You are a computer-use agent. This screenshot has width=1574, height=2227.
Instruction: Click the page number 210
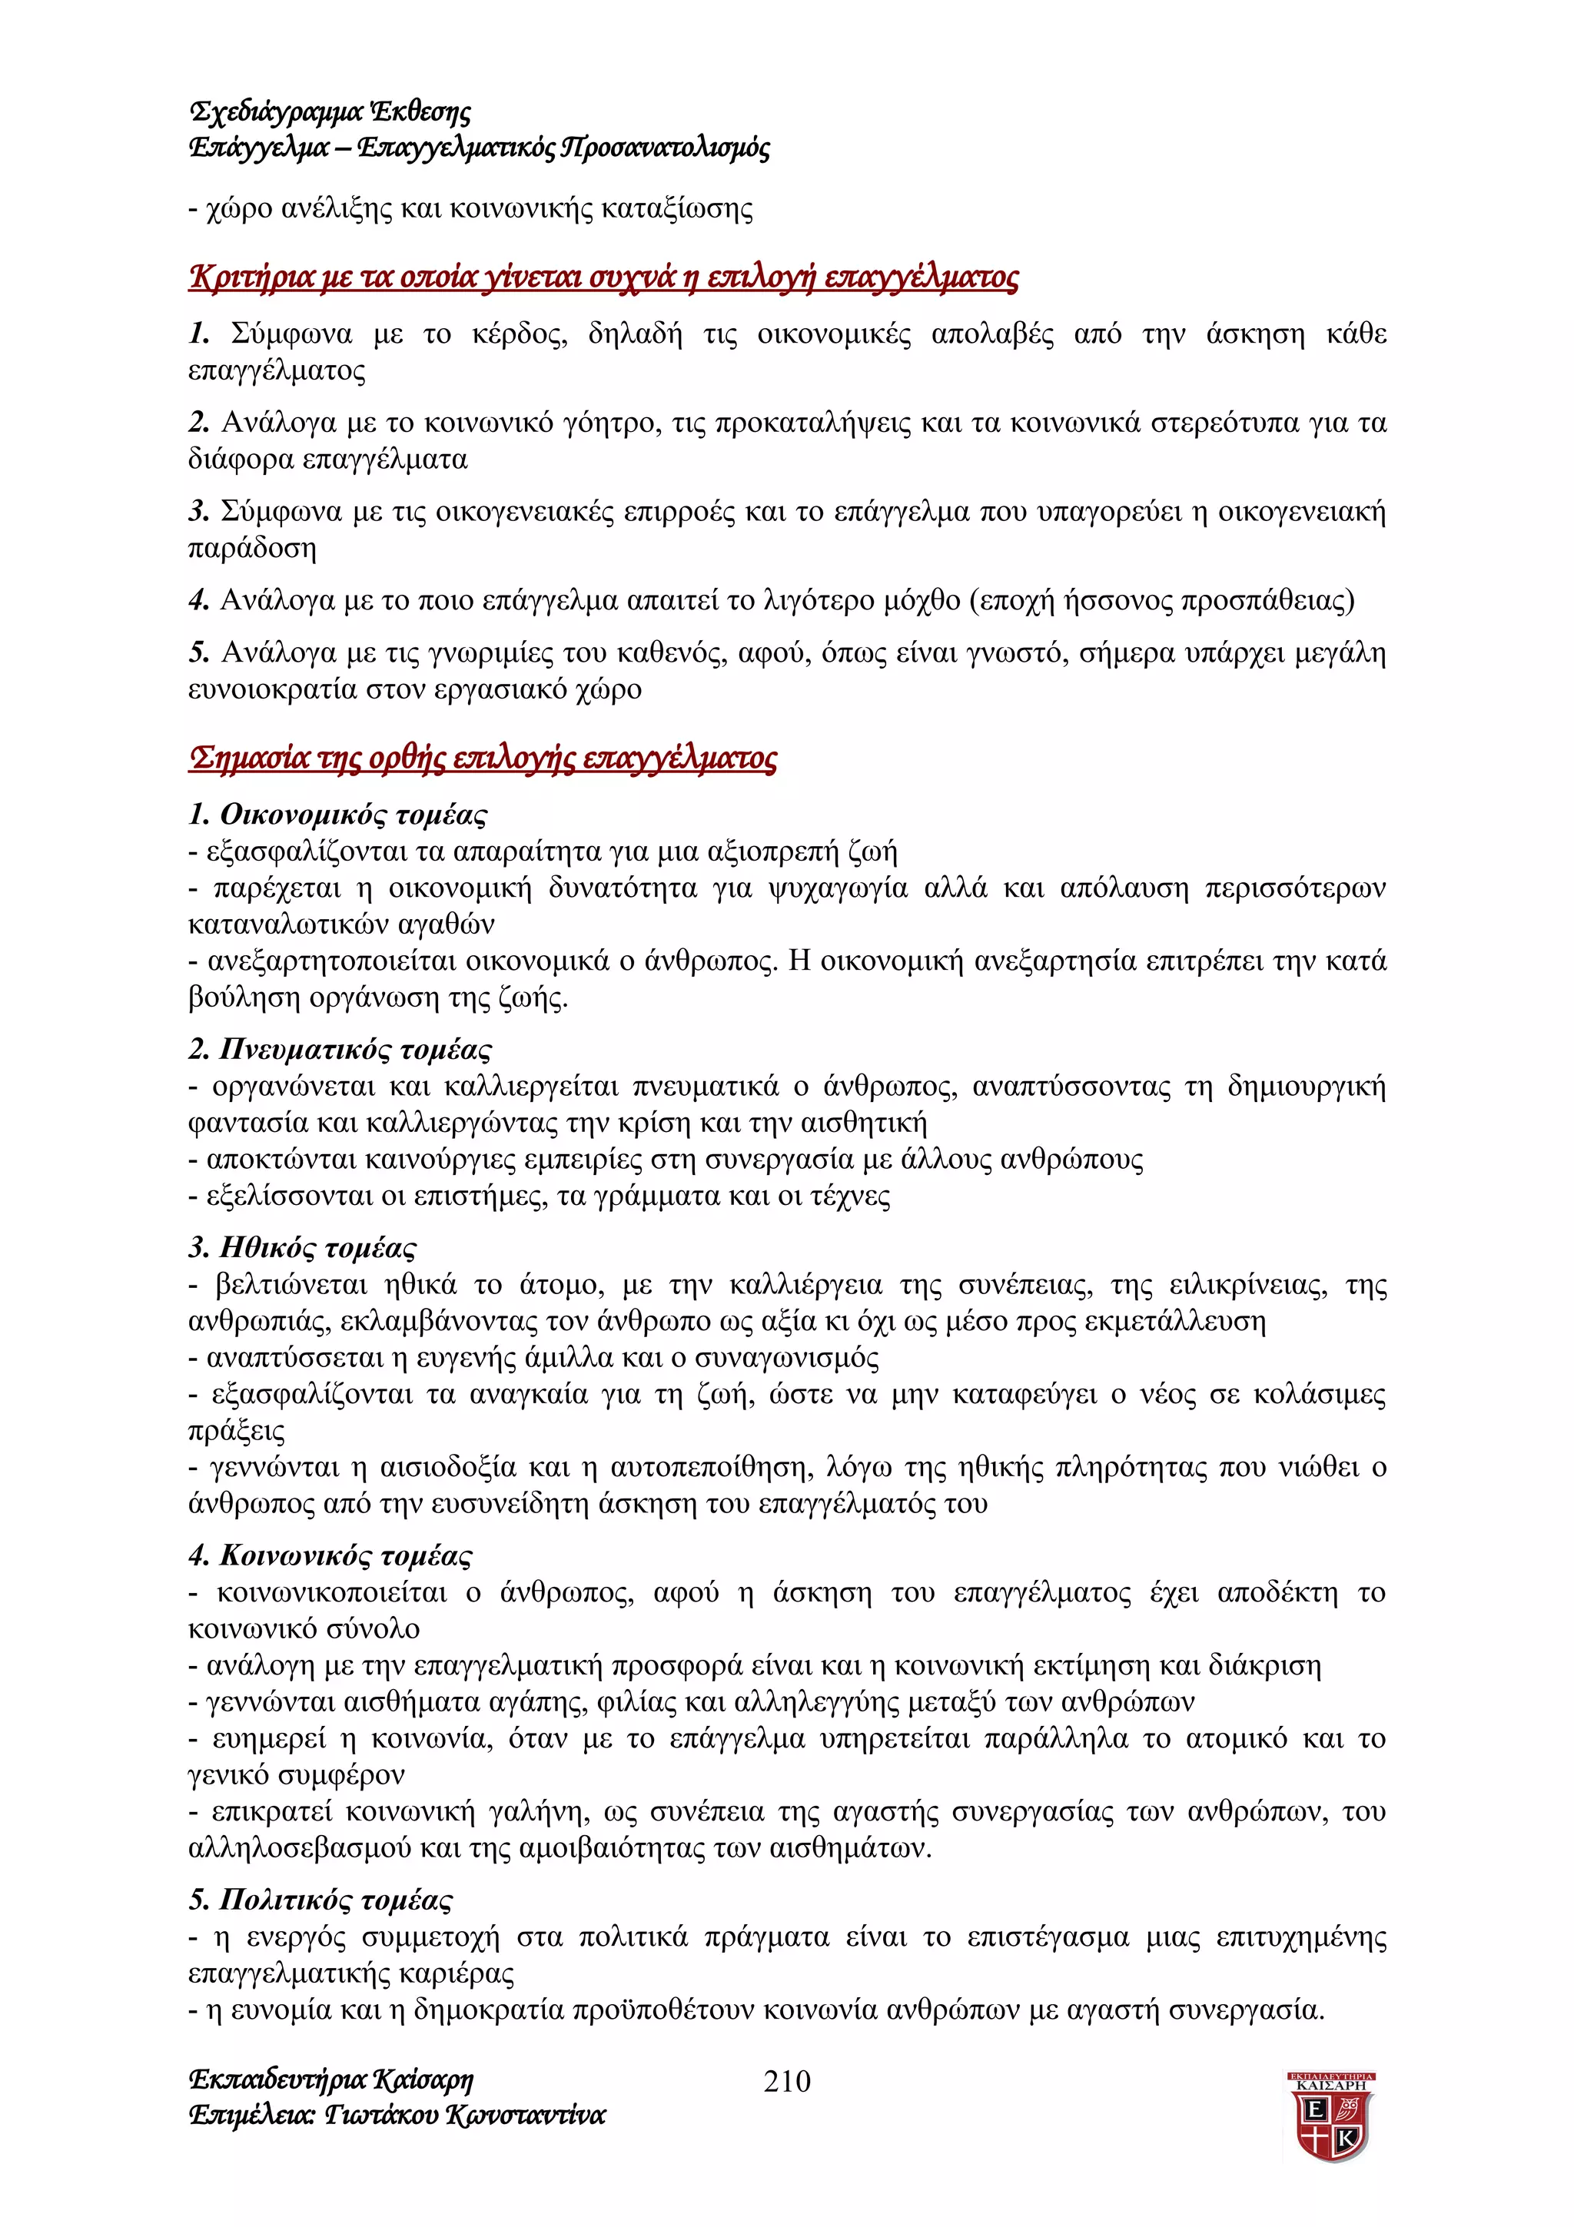[x=786, y=2079]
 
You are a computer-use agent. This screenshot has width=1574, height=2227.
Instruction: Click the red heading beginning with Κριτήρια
[x=603, y=277]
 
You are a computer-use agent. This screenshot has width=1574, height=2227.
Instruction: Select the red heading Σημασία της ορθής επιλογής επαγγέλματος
[x=482, y=758]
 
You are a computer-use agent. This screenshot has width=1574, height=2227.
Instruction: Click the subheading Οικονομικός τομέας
[x=353, y=814]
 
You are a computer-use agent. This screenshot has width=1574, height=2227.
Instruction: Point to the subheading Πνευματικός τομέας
[x=355, y=1050]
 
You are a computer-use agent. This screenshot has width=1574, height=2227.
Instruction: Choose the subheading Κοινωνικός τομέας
[x=345, y=1556]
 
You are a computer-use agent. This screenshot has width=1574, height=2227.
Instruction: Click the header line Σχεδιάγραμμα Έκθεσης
[x=330, y=112]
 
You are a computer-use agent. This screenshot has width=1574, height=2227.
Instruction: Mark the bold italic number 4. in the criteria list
[x=199, y=600]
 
